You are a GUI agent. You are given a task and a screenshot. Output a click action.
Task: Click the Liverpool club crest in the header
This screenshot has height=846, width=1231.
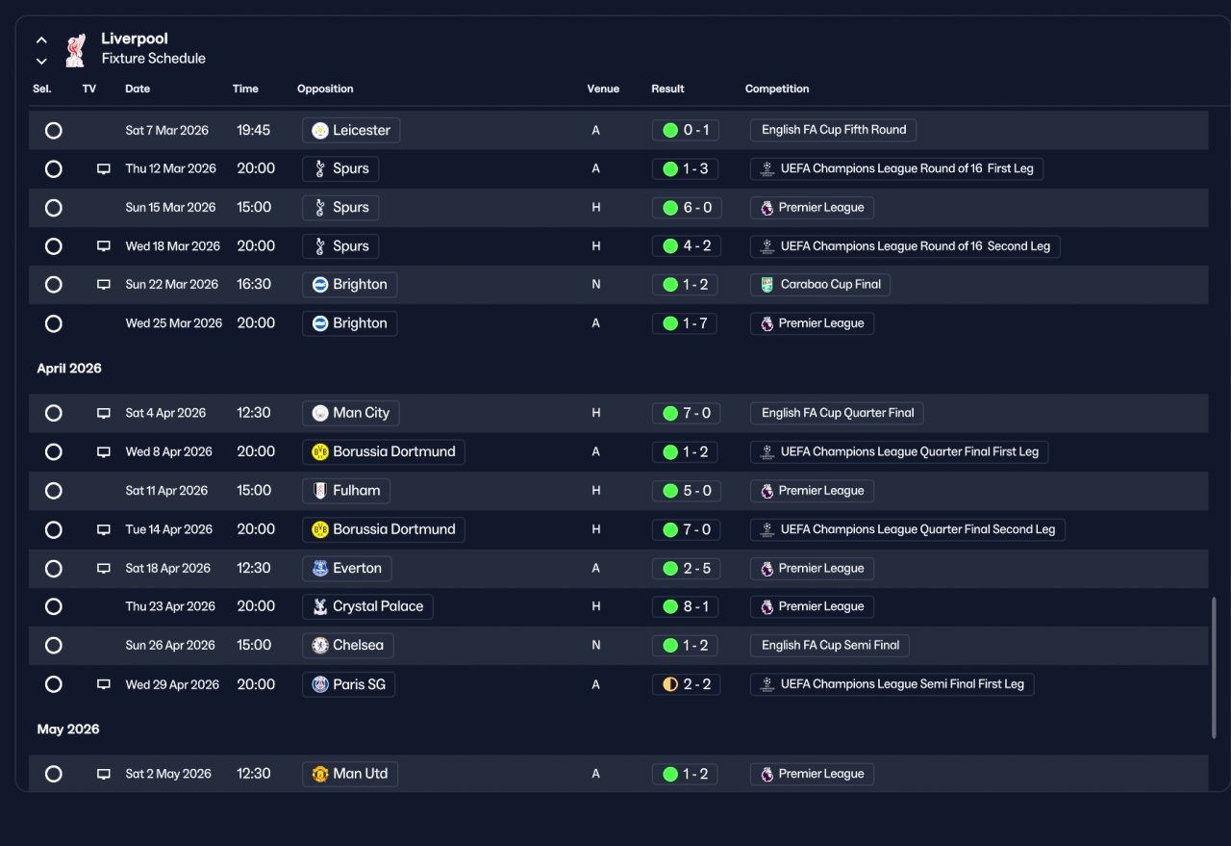(75, 51)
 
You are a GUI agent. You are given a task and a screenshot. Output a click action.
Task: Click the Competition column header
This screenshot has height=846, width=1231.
(776, 89)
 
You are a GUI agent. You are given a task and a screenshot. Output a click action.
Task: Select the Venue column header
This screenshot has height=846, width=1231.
(603, 89)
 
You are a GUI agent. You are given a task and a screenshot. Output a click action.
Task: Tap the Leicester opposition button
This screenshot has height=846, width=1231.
(351, 130)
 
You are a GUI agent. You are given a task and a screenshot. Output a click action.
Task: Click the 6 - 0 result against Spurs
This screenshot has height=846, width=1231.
(687, 207)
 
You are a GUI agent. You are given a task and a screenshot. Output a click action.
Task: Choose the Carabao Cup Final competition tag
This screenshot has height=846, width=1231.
(820, 284)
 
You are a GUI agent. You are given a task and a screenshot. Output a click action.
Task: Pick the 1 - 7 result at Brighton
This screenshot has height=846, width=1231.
(685, 323)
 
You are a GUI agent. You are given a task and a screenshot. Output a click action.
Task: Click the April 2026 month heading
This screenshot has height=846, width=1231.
(69, 368)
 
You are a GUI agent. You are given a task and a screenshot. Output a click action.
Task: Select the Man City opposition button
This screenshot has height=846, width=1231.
(351, 413)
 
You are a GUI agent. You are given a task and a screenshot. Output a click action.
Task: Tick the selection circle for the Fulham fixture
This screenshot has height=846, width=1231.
(53, 491)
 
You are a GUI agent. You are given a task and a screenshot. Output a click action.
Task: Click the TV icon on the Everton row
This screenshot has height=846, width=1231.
(103, 568)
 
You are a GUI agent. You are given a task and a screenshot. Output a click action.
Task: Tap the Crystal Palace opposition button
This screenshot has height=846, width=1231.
(367, 606)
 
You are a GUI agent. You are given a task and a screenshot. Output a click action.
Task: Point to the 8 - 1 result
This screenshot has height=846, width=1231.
(686, 606)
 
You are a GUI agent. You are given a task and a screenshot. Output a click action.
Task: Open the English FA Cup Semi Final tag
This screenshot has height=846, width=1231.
(830, 645)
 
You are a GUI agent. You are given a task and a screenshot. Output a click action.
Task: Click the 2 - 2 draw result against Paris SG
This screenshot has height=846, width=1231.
(687, 684)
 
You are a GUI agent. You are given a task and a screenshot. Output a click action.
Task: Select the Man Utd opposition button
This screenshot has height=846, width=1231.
(350, 774)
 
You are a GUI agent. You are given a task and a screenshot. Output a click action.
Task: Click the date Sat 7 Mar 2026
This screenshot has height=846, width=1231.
(167, 130)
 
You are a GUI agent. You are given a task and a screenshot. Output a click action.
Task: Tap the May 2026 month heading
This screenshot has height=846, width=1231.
(68, 730)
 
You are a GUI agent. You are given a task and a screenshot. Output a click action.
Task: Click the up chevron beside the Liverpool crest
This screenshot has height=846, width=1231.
(41, 40)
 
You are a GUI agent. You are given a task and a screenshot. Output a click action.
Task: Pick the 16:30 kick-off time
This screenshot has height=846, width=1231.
(254, 284)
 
